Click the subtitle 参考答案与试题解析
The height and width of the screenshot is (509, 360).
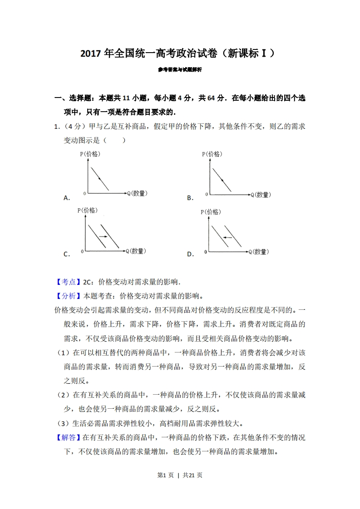point(180,70)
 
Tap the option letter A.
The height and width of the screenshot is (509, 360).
point(66,198)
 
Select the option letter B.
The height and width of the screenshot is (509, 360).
point(190,198)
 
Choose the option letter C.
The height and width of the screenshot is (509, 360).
point(66,254)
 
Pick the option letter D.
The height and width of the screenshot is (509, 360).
point(190,254)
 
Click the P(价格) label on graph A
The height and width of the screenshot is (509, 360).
point(90,154)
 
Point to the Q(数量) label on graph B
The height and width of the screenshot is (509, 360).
point(260,195)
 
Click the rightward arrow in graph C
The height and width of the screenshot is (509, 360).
point(103,236)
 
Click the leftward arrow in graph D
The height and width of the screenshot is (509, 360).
point(227,237)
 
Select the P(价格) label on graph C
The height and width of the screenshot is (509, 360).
point(88,210)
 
